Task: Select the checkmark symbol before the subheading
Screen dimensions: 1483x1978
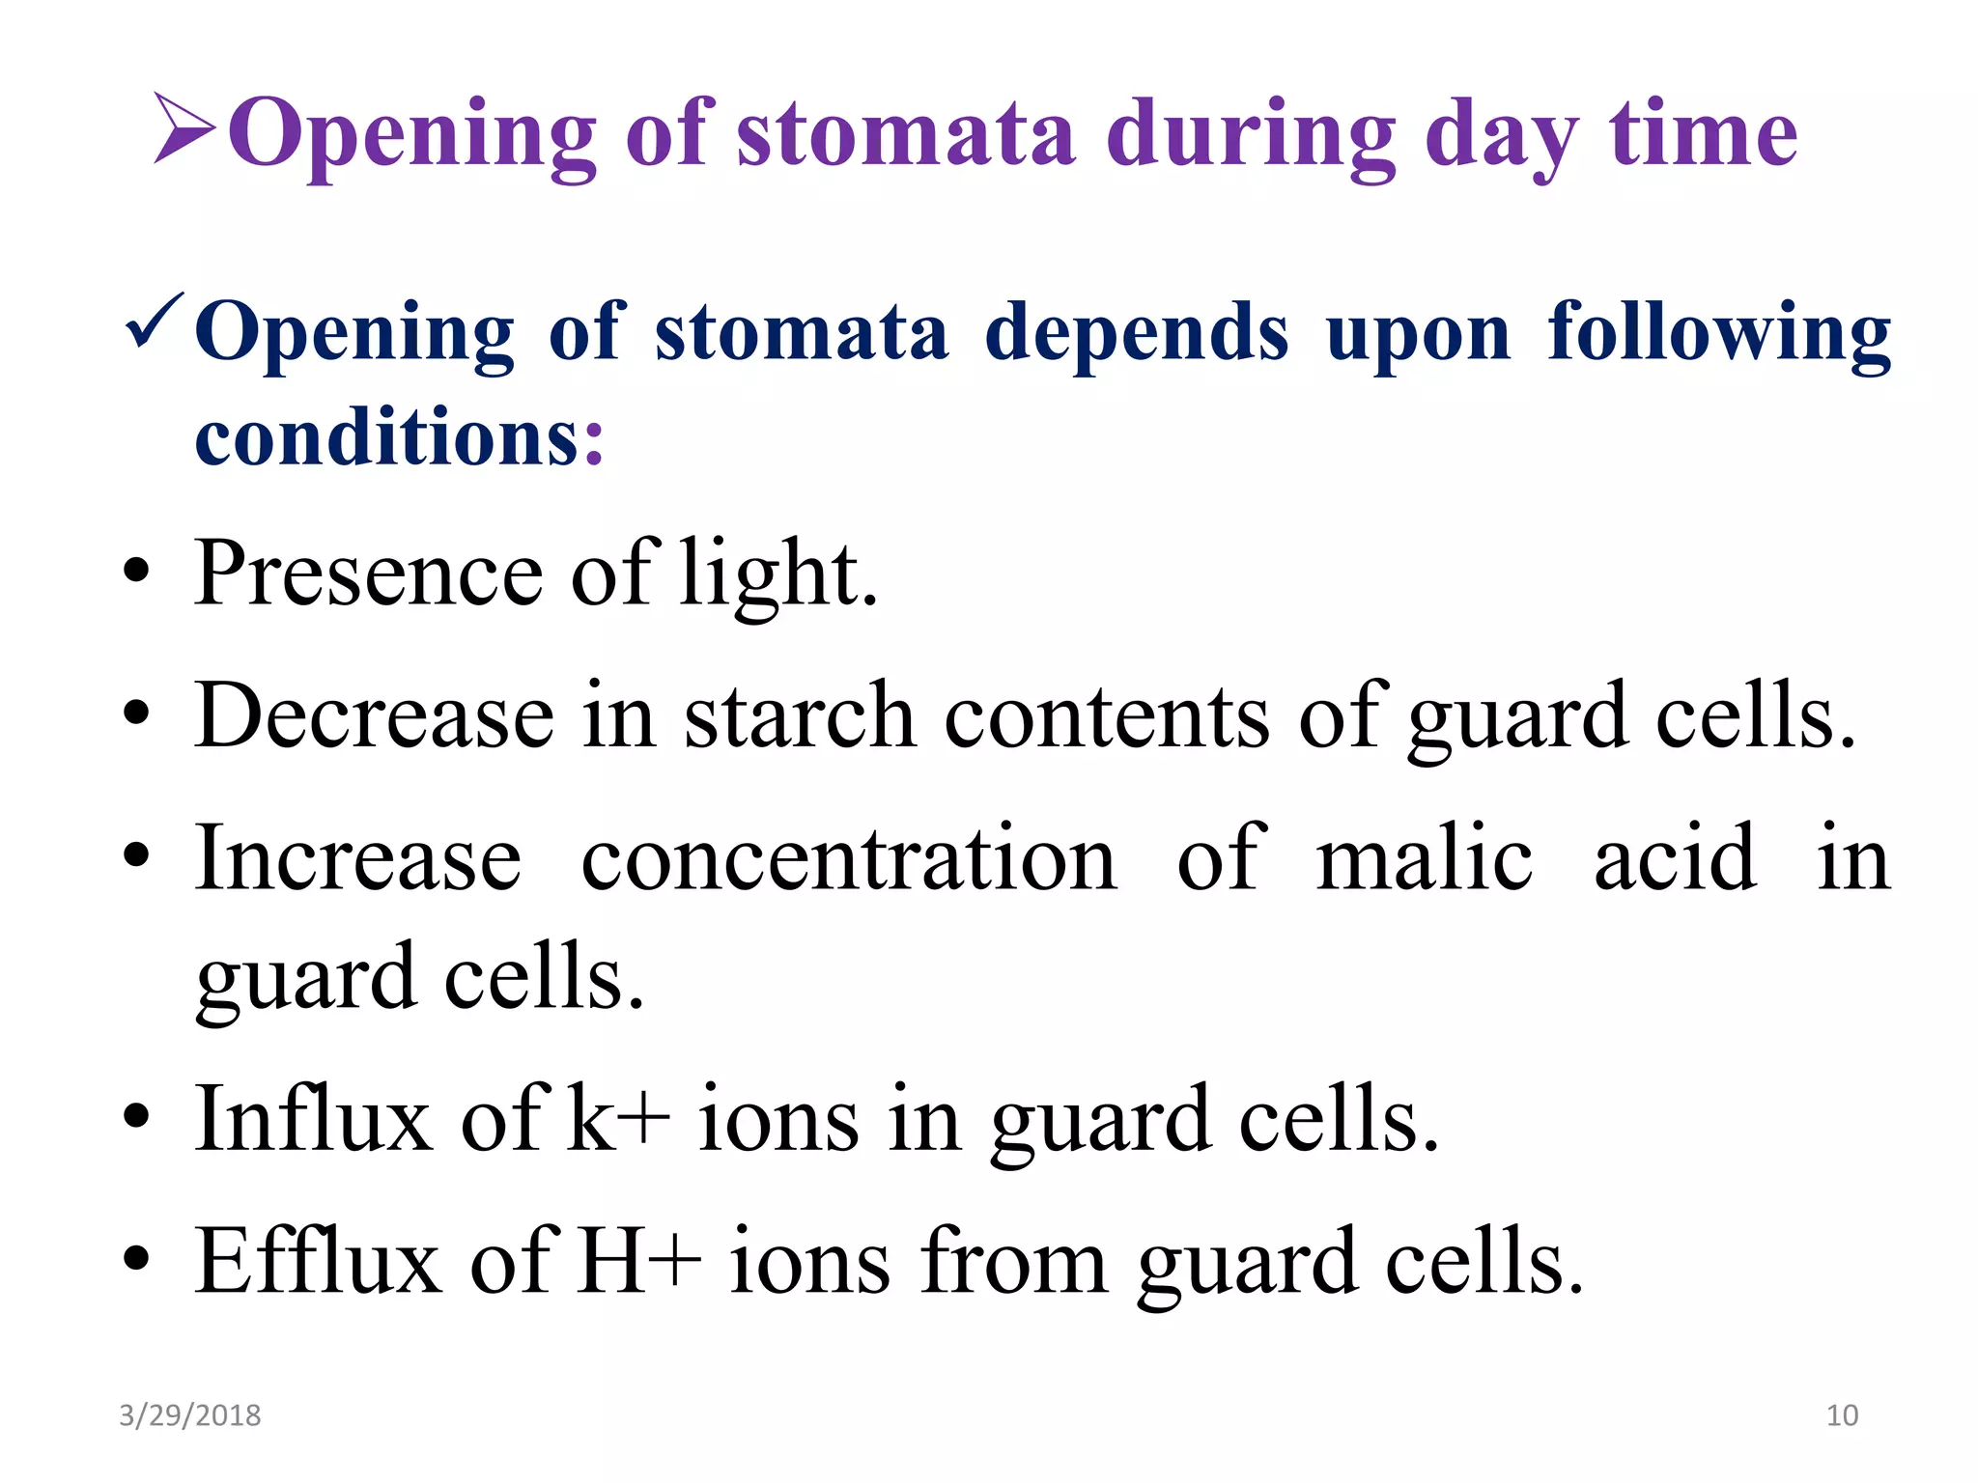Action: tap(153, 323)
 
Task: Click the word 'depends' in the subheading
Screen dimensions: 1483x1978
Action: tap(1136, 334)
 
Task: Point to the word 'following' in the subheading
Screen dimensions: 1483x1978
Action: tap(1719, 334)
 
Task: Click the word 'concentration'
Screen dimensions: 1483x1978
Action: tap(849, 858)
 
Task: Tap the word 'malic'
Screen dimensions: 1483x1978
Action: tap(1424, 858)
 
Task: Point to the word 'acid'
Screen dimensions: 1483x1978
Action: tap(1675, 858)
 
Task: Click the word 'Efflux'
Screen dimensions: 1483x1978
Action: tap(319, 1261)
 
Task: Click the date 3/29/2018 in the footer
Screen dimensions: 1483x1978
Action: tap(190, 1415)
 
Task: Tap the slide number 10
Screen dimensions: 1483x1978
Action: tap(1842, 1415)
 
